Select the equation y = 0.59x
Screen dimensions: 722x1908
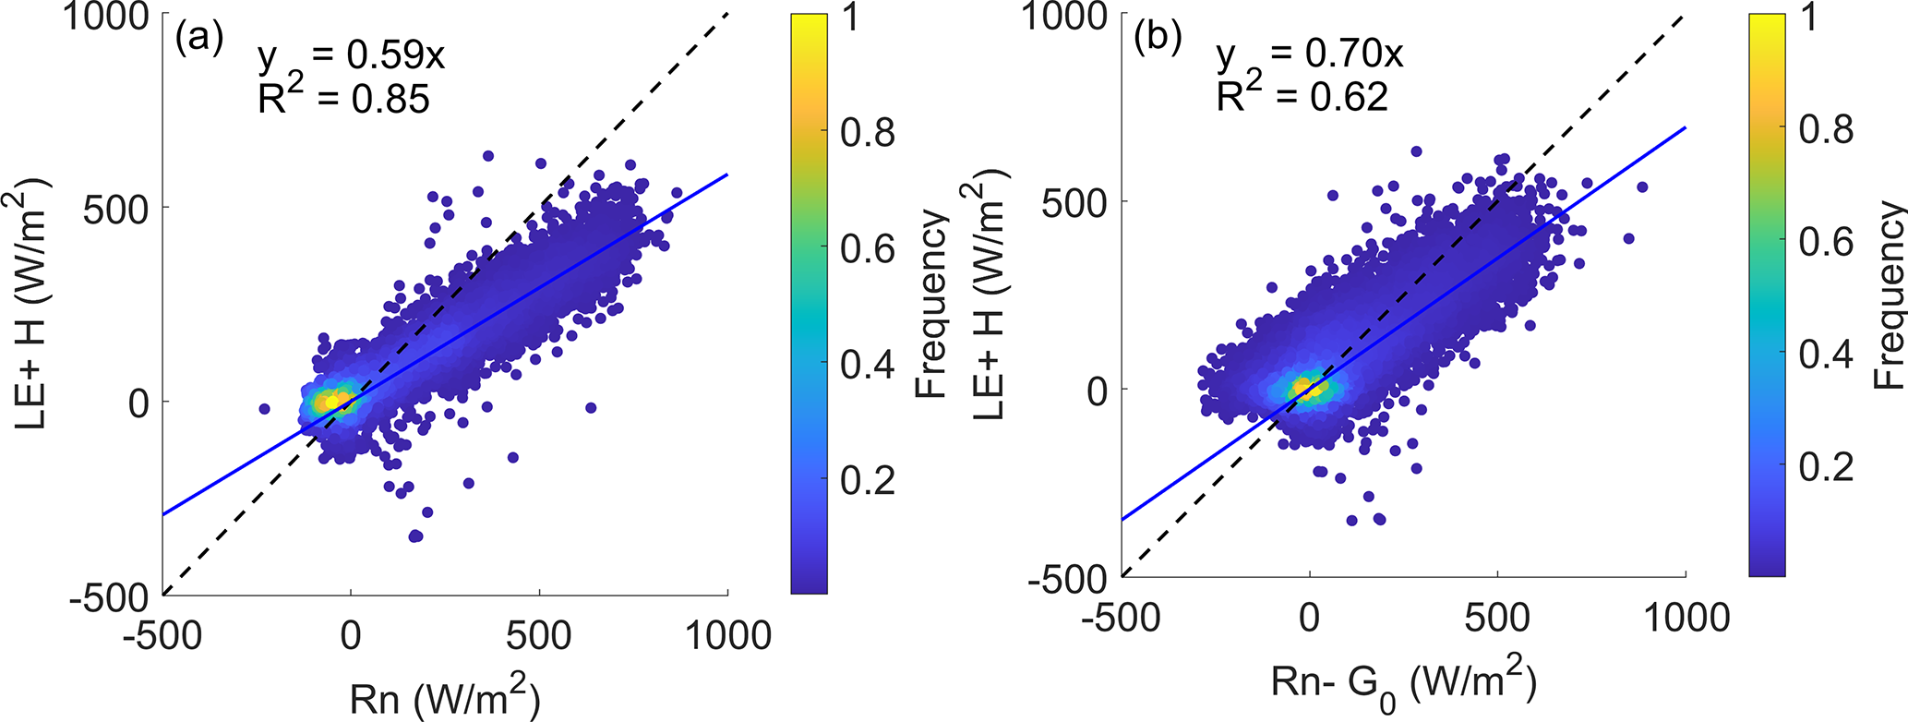coord(351,57)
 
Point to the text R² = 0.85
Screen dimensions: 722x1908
coord(343,98)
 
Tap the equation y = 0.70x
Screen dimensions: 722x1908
coord(1309,55)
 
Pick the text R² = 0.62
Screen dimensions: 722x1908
coord(1302,96)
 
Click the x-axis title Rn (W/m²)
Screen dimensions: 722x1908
coord(445,699)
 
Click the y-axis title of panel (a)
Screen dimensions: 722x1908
coord(31,305)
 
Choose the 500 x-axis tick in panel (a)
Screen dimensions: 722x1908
coord(539,635)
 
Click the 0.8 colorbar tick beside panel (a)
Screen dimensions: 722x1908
coord(867,132)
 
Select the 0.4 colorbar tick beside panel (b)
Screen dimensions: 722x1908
coord(1826,354)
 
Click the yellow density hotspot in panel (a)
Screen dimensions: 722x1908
coord(330,402)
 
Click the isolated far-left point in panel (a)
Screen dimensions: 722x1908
coord(264,408)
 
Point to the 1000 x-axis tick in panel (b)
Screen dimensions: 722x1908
coord(1686,617)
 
